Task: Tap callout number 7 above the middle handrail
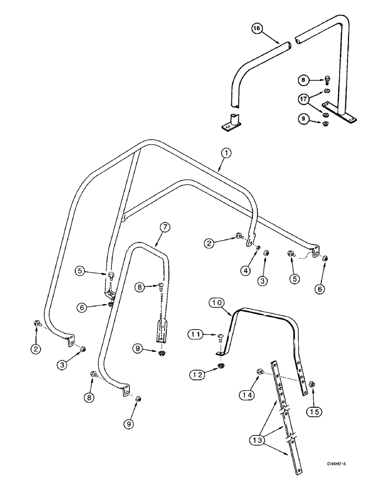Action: (x=165, y=227)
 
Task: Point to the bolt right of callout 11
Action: (x=219, y=337)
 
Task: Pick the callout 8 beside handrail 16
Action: (x=304, y=79)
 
